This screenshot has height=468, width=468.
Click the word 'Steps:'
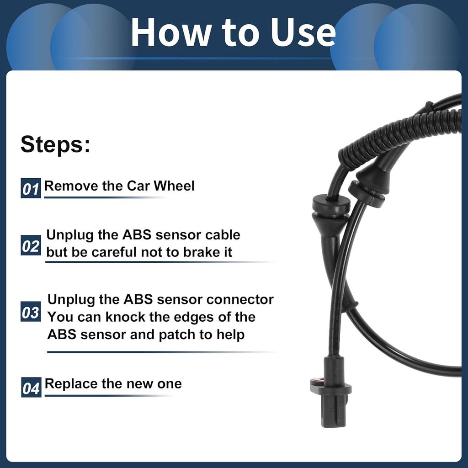55,144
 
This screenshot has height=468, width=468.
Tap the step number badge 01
31,188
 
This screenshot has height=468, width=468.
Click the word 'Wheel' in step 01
174,186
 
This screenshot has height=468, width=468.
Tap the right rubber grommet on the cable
366,192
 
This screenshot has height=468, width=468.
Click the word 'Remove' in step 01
66,186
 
